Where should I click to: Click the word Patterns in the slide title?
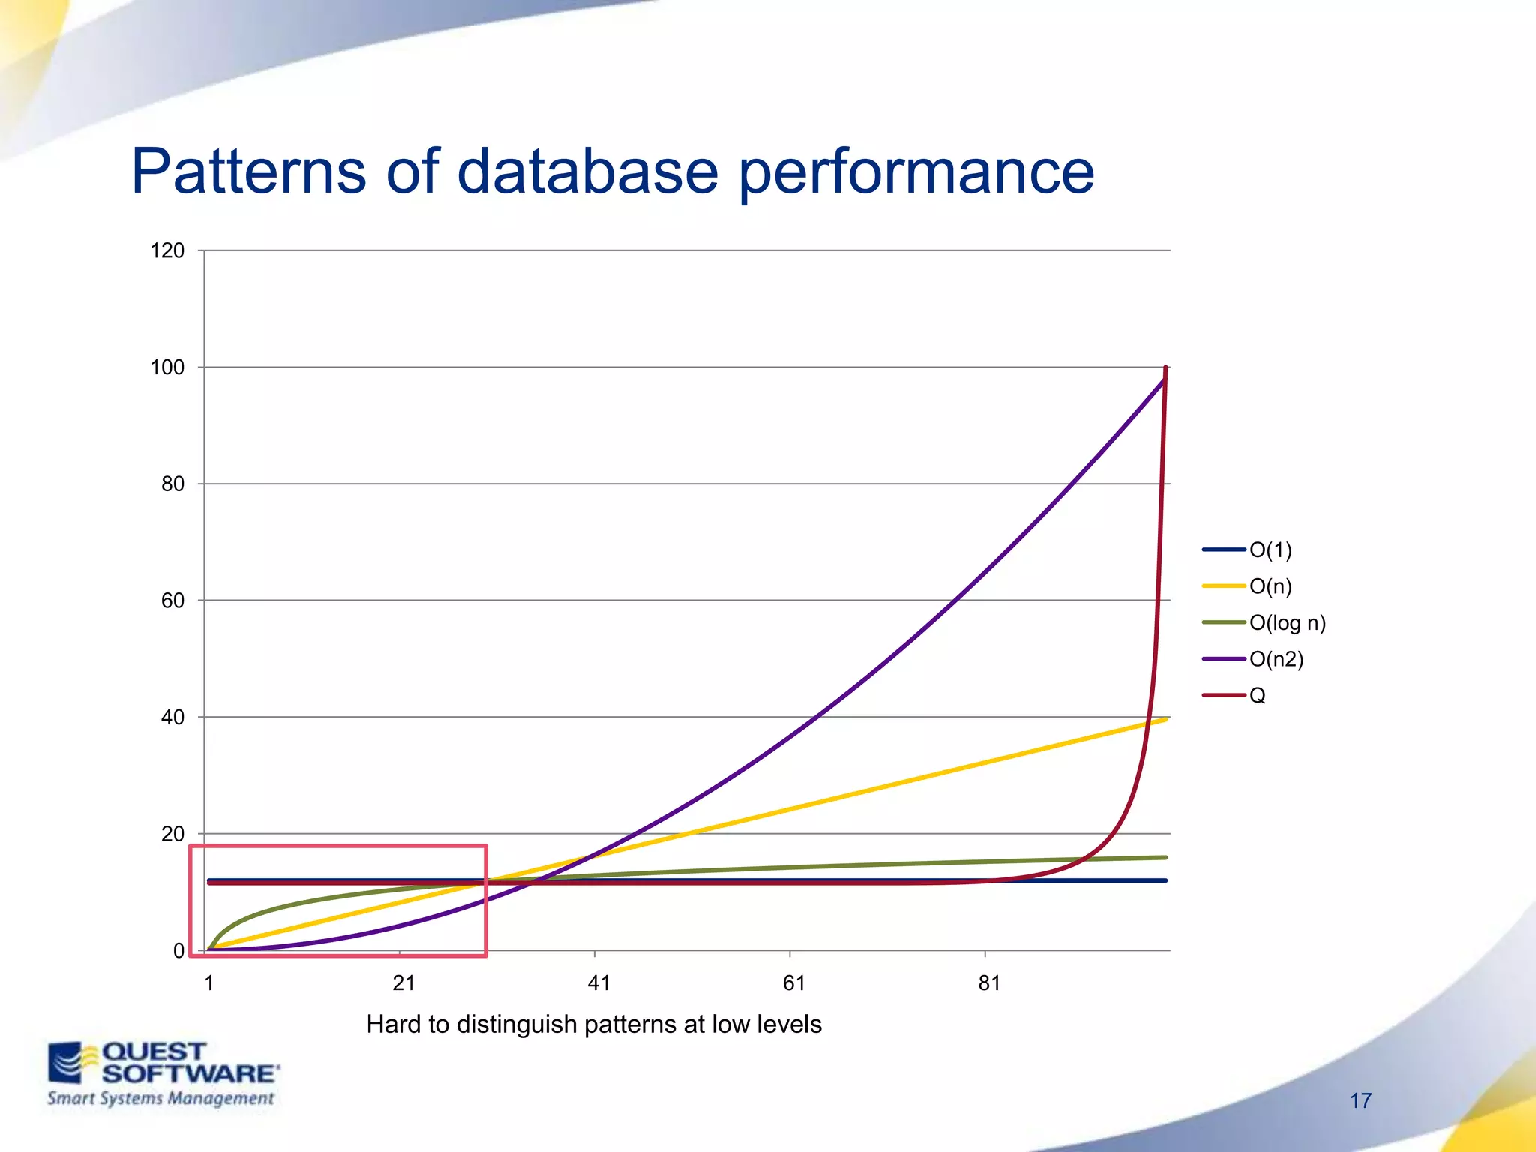248,172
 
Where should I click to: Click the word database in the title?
587,172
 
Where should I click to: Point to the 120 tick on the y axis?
167,250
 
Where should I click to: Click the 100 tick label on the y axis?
167,367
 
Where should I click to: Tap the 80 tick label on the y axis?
172,484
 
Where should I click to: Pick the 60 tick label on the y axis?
172,601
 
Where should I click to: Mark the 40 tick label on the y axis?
172,718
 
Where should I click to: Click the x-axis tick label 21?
403,983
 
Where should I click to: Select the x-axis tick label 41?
598,983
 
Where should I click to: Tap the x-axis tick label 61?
793,983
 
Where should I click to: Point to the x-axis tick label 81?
989,983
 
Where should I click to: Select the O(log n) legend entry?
1287,623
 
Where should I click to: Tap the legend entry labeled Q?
1258,696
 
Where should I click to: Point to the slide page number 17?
1360,1101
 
